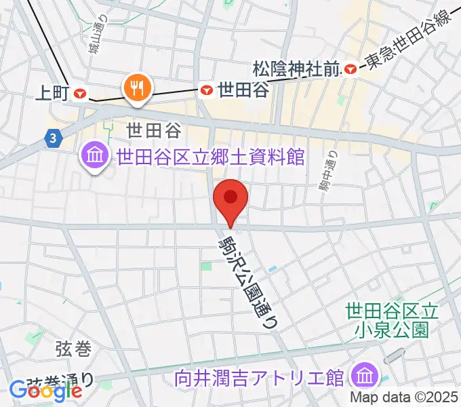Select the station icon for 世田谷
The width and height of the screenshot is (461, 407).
point(206,89)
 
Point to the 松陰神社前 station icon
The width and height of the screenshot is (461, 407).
point(350,69)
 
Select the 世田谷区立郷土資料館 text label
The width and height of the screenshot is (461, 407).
point(210,157)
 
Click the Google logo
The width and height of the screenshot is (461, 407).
point(45,390)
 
